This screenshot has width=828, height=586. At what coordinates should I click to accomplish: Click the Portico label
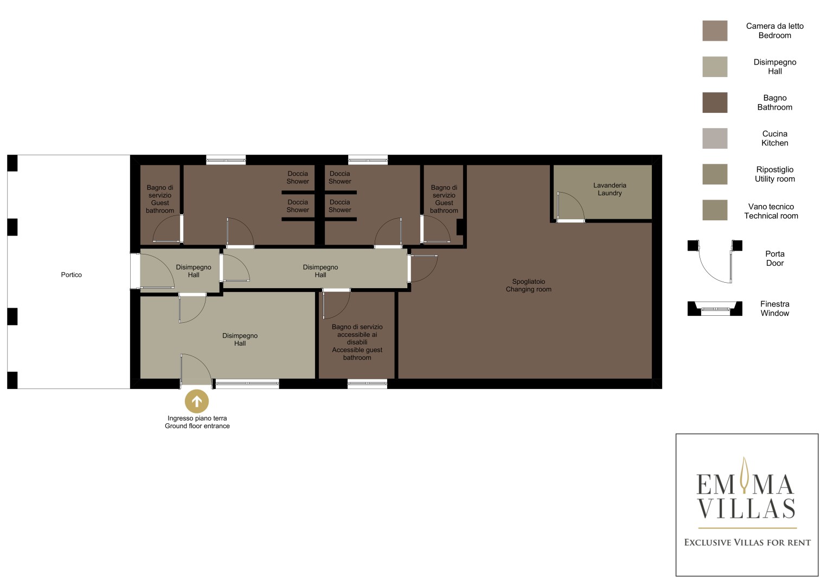pyautogui.click(x=72, y=275)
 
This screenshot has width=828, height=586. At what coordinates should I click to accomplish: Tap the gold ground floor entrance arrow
pyautogui.click(x=197, y=402)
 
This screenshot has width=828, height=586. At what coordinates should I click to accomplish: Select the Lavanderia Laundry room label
pyautogui.click(x=609, y=189)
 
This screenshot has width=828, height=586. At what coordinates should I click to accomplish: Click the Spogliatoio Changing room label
pyautogui.click(x=529, y=285)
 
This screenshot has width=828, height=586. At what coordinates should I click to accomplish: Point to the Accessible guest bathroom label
pyautogui.click(x=357, y=342)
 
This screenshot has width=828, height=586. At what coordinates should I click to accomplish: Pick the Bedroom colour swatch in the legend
pyautogui.click(x=715, y=31)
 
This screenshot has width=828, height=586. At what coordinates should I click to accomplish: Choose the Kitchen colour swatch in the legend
pyautogui.click(x=715, y=138)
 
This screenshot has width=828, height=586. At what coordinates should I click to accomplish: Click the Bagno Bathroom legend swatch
pyautogui.click(x=715, y=103)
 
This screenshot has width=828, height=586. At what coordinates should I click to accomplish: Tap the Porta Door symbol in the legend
pyautogui.click(x=715, y=262)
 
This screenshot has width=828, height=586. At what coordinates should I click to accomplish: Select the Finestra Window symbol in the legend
pyautogui.click(x=715, y=309)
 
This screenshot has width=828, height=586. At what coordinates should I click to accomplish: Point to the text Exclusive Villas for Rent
pyautogui.click(x=747, y=543)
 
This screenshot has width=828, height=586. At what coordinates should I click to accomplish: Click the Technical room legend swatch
pyautogui.click(x=715, y=210)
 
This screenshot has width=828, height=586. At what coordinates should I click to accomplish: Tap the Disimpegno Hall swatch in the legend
pyautogui.click(x=715, y=67)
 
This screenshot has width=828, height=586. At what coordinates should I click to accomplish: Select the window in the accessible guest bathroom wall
pyautogui.click(x=368, y=384)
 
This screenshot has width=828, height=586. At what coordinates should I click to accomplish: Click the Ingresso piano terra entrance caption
pyautogui.click(x=197, y=422)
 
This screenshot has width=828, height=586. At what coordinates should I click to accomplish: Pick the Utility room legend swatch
pyautogui.click(x=715, y=174)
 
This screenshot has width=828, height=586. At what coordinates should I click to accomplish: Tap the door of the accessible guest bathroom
pyautogui.click(x=336, y=304)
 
